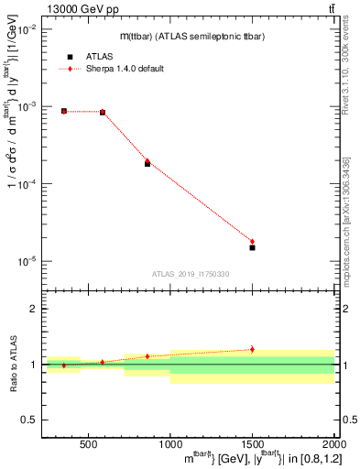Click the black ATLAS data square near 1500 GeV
coord(252,247)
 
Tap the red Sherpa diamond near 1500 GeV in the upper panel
coord(252,242)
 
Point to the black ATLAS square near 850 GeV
coord(147,164)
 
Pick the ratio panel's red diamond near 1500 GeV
coord(252,349)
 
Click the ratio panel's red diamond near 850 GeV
coord(147,356)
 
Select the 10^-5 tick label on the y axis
coord(26,261)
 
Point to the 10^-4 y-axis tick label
coord(26,184)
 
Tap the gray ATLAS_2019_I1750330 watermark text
coord(191,274)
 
